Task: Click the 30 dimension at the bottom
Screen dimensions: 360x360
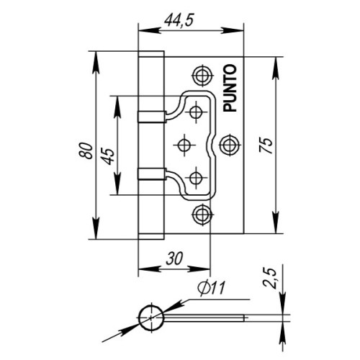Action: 173,259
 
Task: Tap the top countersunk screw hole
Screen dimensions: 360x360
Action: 202,76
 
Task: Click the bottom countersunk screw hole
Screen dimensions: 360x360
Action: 202,213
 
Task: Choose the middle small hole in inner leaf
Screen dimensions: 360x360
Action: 184,144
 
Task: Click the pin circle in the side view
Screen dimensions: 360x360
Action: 150,316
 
